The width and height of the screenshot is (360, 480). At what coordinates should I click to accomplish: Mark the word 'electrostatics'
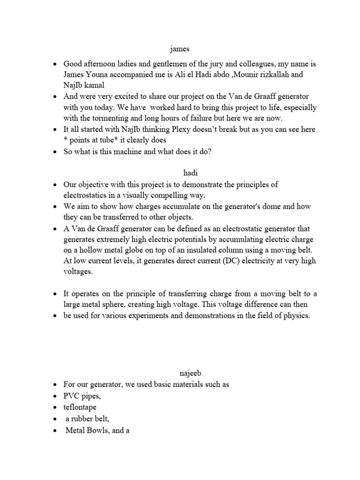tap(88, 195)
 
